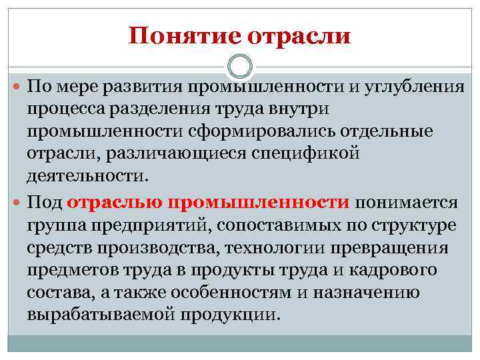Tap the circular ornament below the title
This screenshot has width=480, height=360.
240,67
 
